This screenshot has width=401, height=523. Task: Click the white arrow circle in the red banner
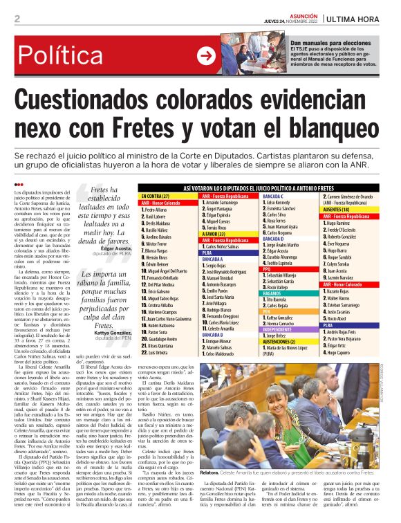coord(206,56)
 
